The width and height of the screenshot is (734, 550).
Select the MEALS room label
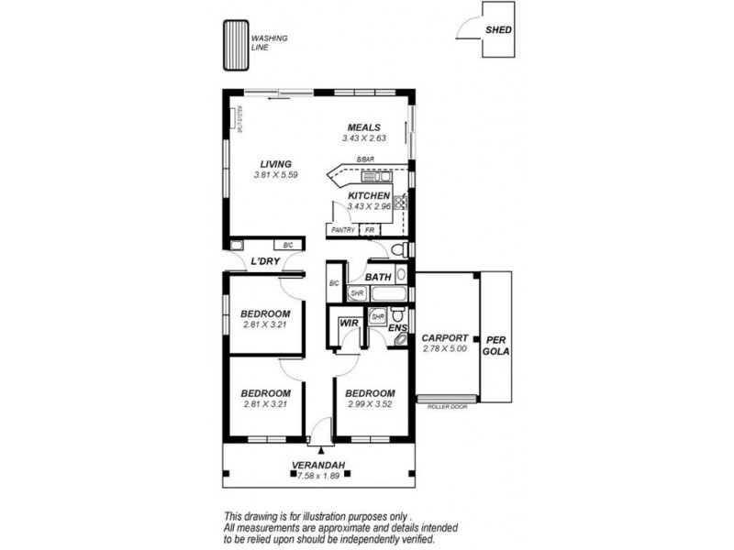click(363, 127)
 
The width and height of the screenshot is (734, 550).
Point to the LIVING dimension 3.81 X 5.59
click(275, 175)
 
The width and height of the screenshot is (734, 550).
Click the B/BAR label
click(366, 160)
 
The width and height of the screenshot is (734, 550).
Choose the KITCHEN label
click(369, 196)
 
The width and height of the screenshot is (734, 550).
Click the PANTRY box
click(342, 230)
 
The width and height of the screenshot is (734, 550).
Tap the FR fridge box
click(369, 230)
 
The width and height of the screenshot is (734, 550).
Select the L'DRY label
click(265, 262)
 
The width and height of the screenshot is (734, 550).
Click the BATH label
click(378, 276)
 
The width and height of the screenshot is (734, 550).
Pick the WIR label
click(348, 324)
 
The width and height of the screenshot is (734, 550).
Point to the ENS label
click(397, 327)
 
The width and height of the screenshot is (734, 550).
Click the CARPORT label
click(445, 337)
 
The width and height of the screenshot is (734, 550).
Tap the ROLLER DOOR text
click(447, 407)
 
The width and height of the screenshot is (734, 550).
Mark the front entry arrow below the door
click(320, 450)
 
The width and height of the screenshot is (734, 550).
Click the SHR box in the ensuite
click(377, 316)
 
